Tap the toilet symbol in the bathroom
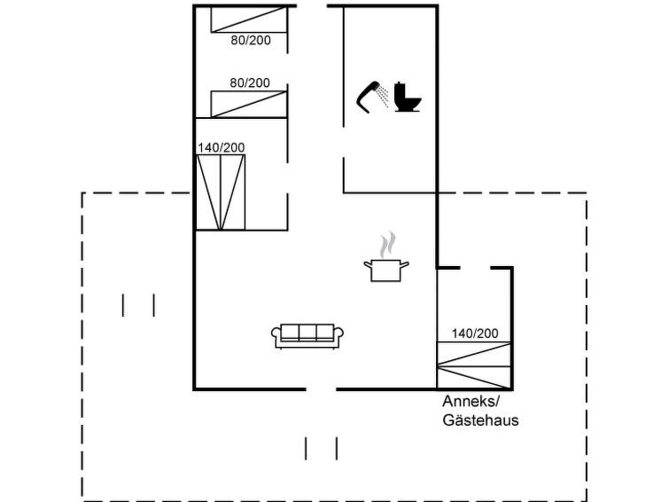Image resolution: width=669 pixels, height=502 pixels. pos(408,97)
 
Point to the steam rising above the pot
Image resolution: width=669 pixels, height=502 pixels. pos(387,245)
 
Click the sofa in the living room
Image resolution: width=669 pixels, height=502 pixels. pos(307,336)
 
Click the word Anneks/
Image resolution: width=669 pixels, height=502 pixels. pos(471,402)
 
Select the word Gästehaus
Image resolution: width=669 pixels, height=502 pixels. pos(480,420)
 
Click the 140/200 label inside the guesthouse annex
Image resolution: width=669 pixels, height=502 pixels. pos(475,333)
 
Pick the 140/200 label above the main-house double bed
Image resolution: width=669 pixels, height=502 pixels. pos(221,148)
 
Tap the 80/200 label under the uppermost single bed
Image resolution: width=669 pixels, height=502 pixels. pos(251,40)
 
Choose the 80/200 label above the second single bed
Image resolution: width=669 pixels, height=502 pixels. pos(250,82)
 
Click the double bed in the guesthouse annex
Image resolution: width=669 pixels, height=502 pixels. pos(474,365)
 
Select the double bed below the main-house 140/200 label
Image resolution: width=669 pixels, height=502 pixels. pos(221,192)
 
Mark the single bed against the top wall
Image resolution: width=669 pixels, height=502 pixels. pos(249,20)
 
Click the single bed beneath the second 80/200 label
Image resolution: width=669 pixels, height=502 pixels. pos(249,104)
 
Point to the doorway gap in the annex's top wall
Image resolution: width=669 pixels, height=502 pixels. pos(475,268)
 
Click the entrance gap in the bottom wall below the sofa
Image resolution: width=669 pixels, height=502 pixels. pos(321,388)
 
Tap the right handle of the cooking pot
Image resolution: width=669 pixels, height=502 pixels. pos(405,264)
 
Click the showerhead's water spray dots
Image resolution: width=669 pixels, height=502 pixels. pos(383,96)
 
